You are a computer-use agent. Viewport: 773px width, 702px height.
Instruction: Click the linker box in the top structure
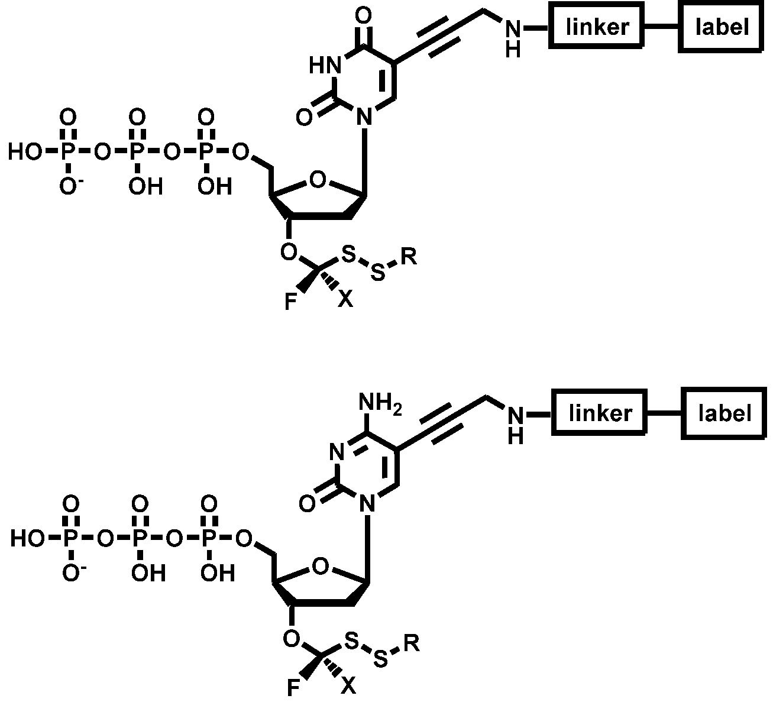click(x=597, y=27)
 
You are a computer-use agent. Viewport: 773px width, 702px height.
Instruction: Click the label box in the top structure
click(x=722, y=27)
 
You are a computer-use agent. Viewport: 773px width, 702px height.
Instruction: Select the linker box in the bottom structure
click(x=599, y=412)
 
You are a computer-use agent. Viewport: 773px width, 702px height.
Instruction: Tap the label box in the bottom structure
click(x=724, y=412)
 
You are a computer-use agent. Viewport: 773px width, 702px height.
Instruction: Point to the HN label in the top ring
click(x=325, y=65)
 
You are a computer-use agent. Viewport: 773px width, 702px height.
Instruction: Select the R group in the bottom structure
click(x=412, y=643)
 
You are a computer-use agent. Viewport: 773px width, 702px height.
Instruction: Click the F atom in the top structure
click(x=291, y=302)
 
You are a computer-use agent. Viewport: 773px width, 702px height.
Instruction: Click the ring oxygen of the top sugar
click(x=318, y=179)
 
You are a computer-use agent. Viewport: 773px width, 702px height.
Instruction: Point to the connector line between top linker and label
click(x=661, y=27)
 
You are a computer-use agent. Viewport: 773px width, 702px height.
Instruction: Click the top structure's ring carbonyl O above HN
click(x=365, y=14)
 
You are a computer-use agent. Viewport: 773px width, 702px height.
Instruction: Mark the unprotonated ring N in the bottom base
click(x=336, y=453)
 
